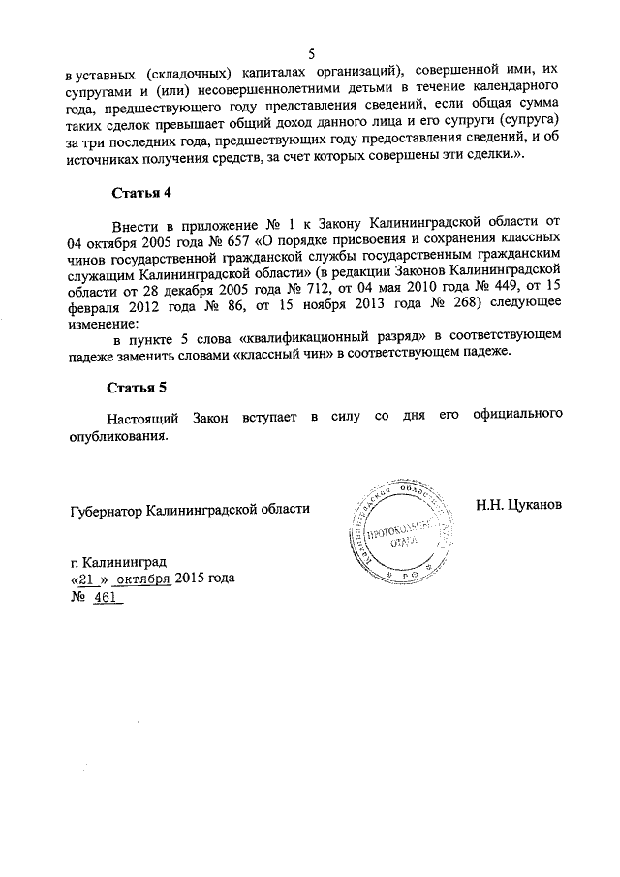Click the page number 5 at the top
coord(310,54)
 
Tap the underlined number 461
coord(105,596)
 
